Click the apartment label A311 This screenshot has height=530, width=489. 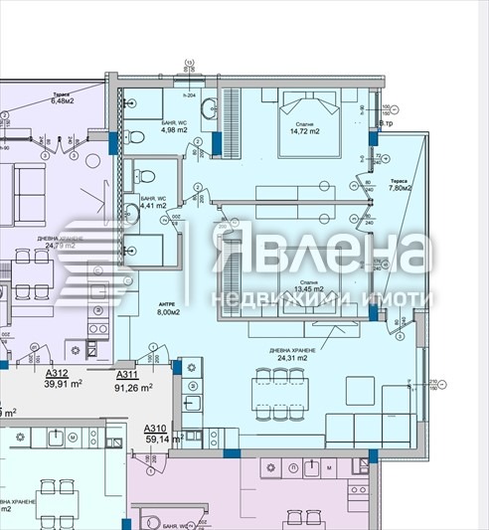[x=127, y=374]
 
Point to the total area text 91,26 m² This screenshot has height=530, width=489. [x=133, y=388]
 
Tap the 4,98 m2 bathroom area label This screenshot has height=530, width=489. [x=145, y=129]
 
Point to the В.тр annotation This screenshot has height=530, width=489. [x=389, y=123]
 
